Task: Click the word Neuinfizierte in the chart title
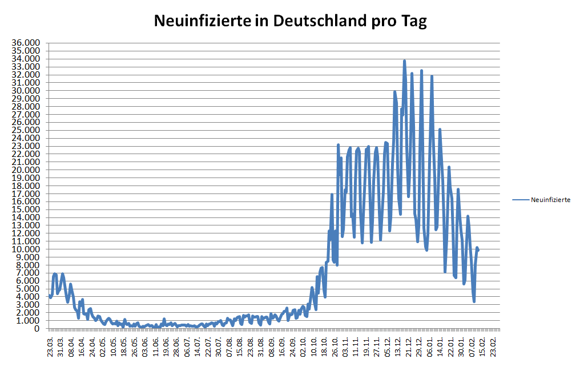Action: (x=203, y=22)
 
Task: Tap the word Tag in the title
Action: (x=414, y=22)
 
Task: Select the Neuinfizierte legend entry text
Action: (x=550, y=200)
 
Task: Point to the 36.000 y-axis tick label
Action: (x=27, y=43)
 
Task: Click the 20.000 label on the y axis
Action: (x=27, y=170)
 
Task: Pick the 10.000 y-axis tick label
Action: (x=27, y=249)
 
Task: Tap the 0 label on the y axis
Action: (x=37, y=329)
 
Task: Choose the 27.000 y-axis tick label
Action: (x=27, y=114)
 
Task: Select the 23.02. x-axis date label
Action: (x=493, y=346)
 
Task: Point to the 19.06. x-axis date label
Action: (x=166, y=346)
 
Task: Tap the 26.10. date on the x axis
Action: (x=334, y=346)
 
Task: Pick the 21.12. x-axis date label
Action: (x=409, y=346)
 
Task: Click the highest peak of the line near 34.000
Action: (x=404, y=61)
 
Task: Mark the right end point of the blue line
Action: (x=478, y=250)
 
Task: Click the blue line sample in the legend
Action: (x=521, y=200)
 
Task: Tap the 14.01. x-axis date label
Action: (x=441, y=346)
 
